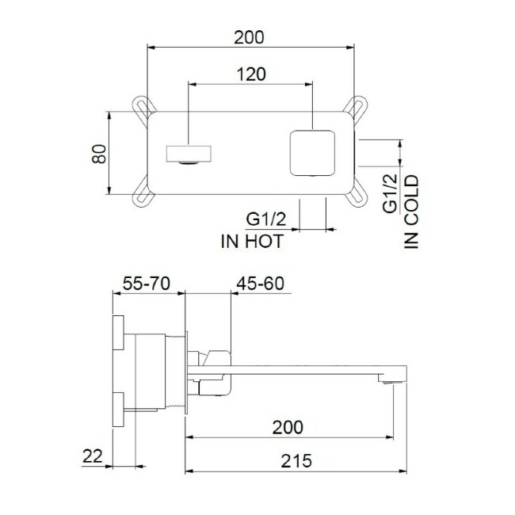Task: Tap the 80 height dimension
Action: coord(99,153)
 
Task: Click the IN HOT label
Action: coord(252,242)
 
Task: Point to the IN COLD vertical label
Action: coord(411,212)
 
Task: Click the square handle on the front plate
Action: coord(313,152)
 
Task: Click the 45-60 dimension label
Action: coord(260,284)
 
